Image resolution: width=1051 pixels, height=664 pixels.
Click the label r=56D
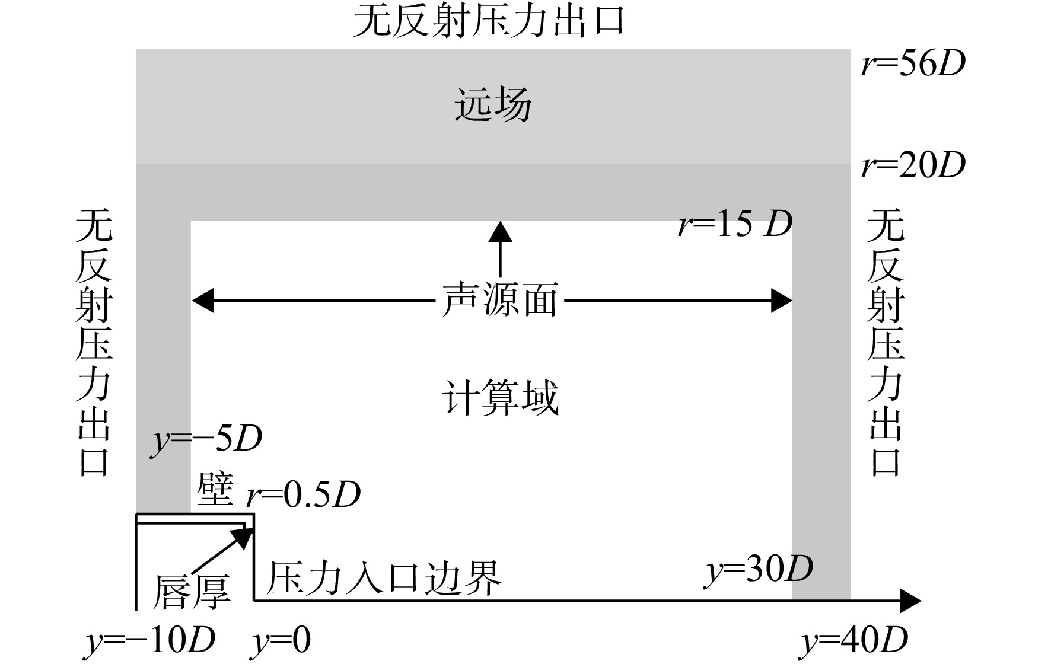coord(913,65)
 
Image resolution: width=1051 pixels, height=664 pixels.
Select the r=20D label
coord(913,165)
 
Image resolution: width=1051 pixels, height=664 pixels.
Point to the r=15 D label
coord(735,224)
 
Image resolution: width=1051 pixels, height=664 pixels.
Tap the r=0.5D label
coord(304,494)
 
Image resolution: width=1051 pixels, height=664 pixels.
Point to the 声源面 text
coord(499,300)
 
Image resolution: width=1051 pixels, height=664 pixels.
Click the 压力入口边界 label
coord(384,577)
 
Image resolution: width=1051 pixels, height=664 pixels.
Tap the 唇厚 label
coord(191,592)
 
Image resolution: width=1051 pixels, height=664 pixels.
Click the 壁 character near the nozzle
coord(215,490)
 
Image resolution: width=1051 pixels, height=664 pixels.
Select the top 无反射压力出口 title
coord(489,21)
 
